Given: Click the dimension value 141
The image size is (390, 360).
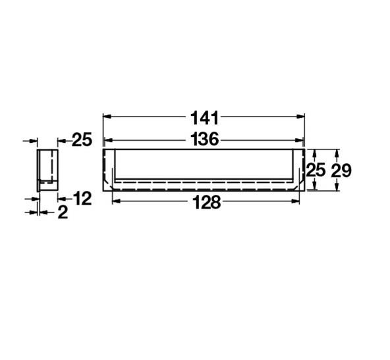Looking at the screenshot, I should tap(204, 118).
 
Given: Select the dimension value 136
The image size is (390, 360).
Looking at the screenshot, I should tap(204, 140).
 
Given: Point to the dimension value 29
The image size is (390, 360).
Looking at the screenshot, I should tap(341, 170).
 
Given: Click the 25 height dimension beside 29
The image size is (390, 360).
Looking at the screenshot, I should tap(316, 170).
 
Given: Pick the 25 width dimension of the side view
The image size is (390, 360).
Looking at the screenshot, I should tap(81, 140).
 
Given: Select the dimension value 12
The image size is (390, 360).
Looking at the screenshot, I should tap(82, 197).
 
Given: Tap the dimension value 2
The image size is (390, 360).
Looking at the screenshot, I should tap(63, 212).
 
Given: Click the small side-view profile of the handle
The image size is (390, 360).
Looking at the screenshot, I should tap(47, 170).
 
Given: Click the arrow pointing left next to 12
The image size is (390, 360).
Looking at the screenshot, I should tap(61, 197).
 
